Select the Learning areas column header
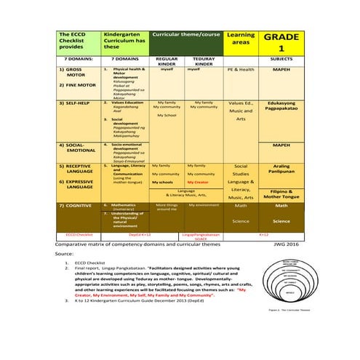point(241,39)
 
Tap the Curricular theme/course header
point(185,34)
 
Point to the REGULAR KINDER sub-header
point(167,61)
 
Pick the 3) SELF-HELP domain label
point(76,104)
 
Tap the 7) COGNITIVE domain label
point(76,206)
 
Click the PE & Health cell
point(241,70)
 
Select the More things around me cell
point(167,207)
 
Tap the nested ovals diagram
point(289,280)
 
